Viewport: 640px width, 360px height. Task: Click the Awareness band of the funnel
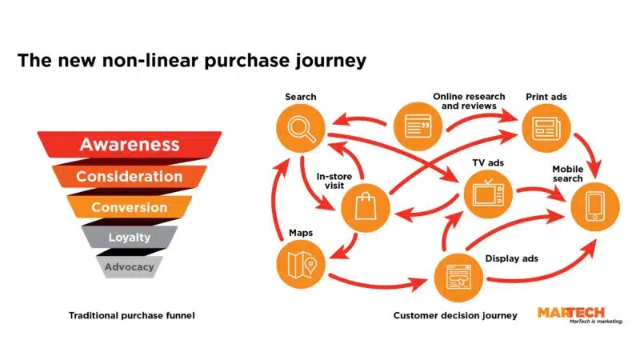tap(129, 145)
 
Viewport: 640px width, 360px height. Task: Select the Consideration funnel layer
tap(129, 176)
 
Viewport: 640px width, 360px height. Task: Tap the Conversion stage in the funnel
tap(129, 207)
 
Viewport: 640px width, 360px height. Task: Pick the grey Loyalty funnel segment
tap(129, 238)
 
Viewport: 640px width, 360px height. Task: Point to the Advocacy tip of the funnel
tap(129, 267)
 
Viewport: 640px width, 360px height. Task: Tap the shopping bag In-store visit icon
tap(365, 208)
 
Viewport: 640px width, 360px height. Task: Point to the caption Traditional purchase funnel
tap(131, 316)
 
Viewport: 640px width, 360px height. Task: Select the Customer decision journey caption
tap(455, 316)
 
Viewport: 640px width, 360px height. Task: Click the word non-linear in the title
tap(150, 61)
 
